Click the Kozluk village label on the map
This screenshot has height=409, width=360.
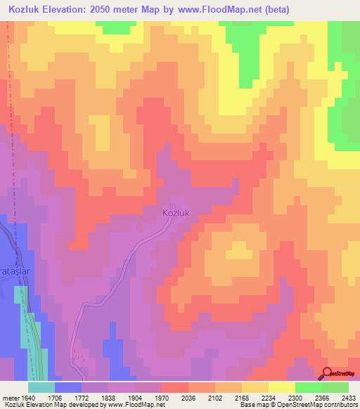(176, 212)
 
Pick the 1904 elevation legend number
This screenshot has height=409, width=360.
(135, 397)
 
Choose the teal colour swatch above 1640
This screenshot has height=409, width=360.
(41, 387)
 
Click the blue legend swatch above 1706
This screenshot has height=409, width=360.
(68, 387)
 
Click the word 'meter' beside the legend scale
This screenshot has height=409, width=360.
(8, 397)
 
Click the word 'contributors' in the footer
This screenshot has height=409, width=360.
(340, 405)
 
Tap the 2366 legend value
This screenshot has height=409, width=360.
(322, 397)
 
